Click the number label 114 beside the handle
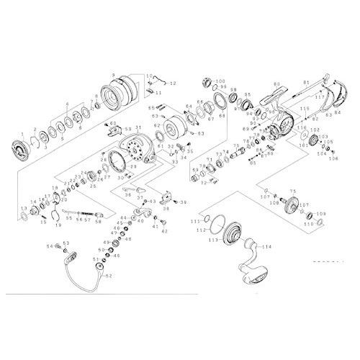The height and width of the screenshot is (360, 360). click(267, 247)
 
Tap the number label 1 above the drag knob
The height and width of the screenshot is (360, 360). click(22, 134)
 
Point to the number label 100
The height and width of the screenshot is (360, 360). click(220, 81)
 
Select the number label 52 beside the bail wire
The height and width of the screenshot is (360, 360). click(109, 274)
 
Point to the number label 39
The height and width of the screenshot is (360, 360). click(183, 203)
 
